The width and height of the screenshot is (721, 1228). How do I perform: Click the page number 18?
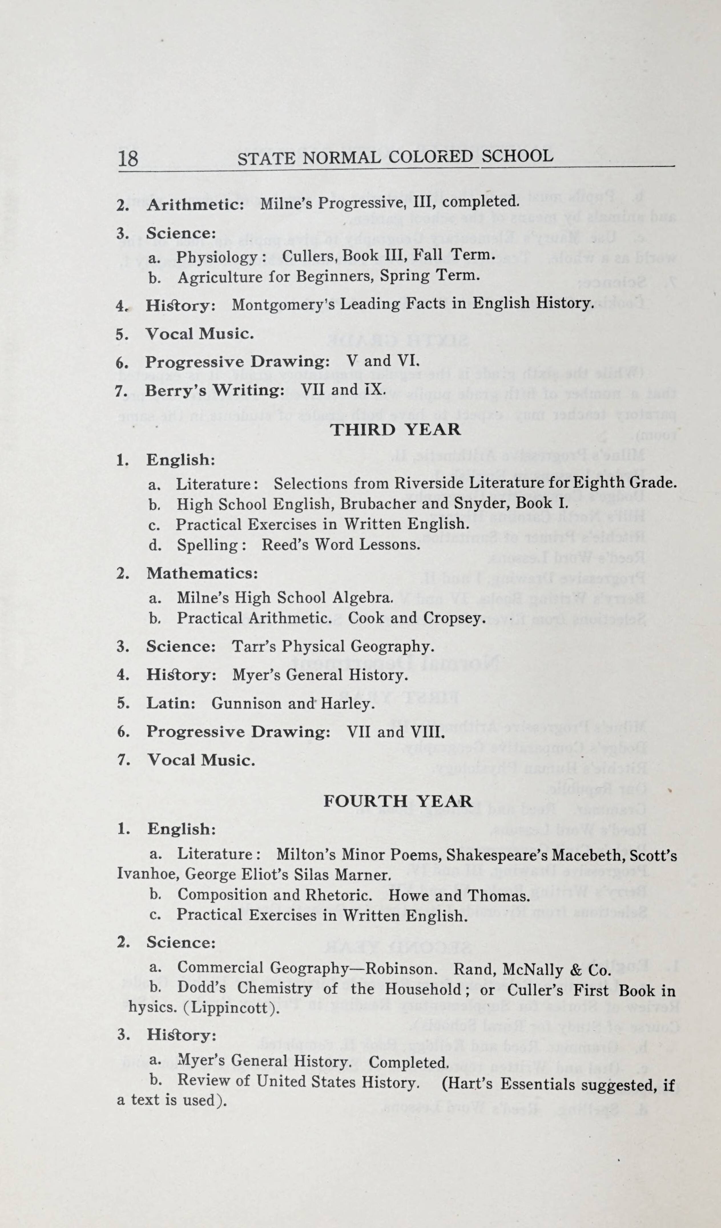click(x=128, y=159)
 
